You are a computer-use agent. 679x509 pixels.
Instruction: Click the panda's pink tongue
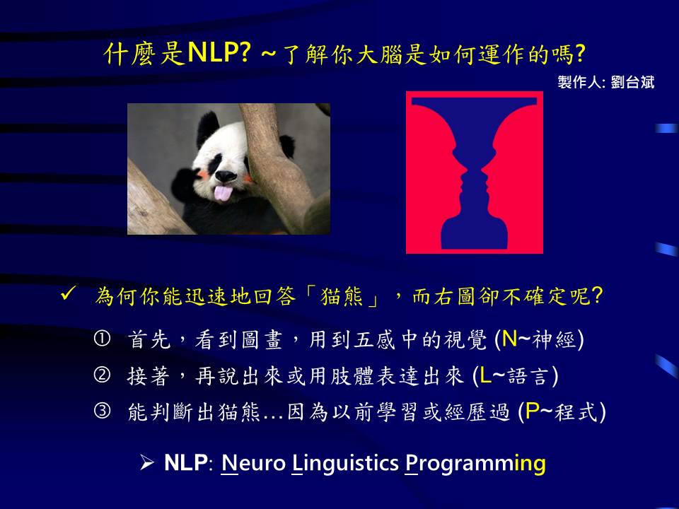tap(223, 193)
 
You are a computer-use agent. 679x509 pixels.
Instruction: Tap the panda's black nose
tap(225, 176)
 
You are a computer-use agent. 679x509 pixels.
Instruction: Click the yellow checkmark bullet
tap(69, 294)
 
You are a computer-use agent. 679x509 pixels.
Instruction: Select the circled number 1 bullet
tap(102, 339)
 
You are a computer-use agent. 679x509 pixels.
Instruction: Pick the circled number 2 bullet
tap(102, 375)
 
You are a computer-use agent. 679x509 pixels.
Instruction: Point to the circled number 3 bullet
tap(102, 411)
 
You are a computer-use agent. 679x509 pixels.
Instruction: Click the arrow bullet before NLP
tap(147, 462)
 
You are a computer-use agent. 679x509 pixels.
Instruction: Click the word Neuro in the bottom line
tap(253, 463)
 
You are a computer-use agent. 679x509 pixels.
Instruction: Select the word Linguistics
tap(345, 464)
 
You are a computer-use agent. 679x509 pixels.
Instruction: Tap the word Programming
tap(475, 464)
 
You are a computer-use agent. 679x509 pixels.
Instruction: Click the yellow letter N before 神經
tap(510, 339)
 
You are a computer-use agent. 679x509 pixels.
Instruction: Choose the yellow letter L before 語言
tap(485, 375)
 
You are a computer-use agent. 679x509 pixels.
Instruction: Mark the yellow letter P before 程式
tap(532, 411)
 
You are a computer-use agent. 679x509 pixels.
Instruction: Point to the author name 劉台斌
tap(632, 82)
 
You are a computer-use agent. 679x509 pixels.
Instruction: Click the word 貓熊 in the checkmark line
tap(342, 296)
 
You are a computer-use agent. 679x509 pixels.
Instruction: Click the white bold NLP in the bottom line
tap(186, 462)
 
